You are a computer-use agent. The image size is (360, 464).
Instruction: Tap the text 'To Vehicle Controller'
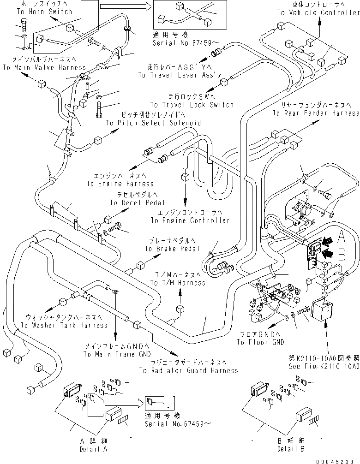click(x=318, y=12)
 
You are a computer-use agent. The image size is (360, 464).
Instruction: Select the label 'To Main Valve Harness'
click(x=44, y=67)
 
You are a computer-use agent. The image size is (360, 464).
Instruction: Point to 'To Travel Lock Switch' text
click(x=192, y=105)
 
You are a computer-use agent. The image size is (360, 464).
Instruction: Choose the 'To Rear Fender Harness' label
click(x=316, y=113)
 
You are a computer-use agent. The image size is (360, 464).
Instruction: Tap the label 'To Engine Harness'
click(x=120, y=184)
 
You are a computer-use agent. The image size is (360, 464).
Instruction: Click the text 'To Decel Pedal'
click(x=134, y=202)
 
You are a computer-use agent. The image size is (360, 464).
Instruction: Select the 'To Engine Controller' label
click(x=190, y=220)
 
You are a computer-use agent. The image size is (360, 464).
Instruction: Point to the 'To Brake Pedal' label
click(x=172, y=249)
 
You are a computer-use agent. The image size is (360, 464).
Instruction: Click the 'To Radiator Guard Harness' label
click(x=189, y=370)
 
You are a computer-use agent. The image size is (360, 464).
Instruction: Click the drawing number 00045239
click(x=338, y=460)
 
